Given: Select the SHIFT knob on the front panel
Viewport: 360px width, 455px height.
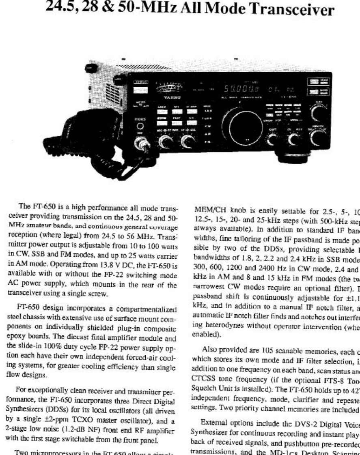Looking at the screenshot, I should pyautogui.click(x=274, y=139).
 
